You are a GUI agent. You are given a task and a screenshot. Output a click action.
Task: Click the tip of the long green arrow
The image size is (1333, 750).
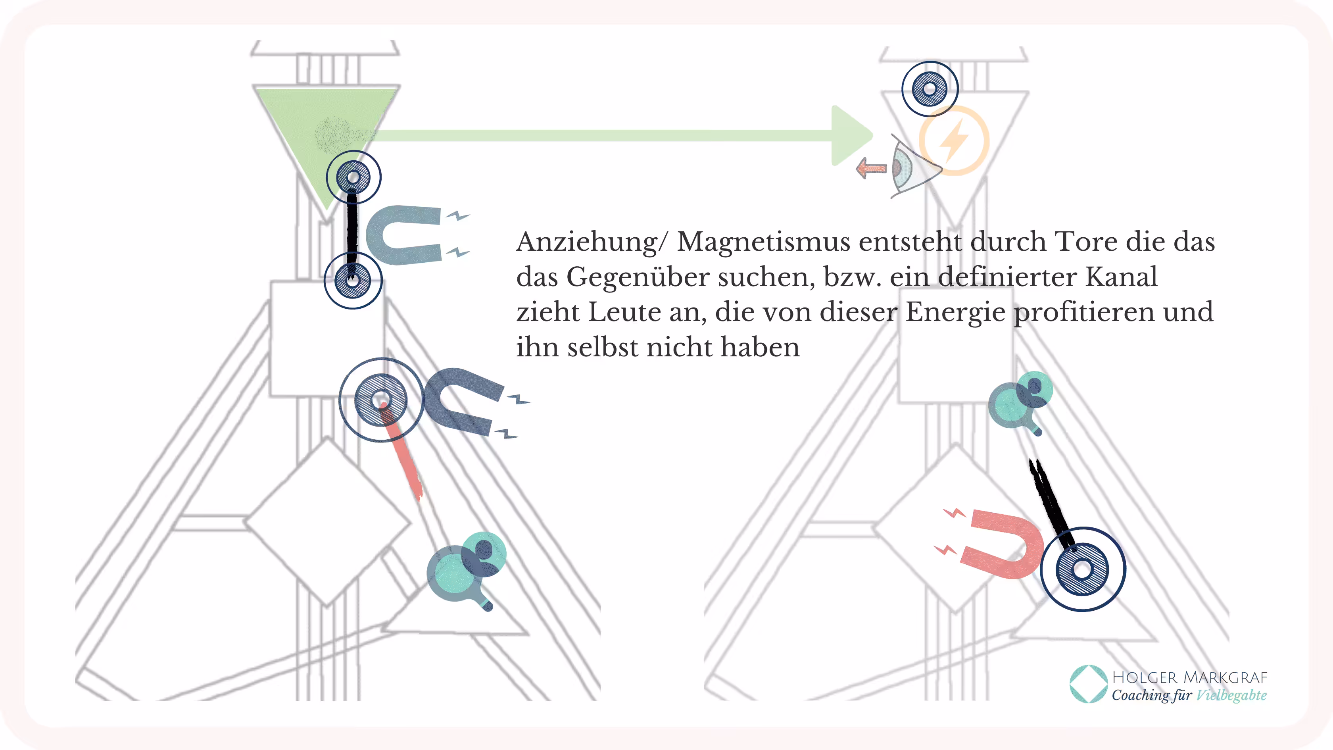tap(874, 136)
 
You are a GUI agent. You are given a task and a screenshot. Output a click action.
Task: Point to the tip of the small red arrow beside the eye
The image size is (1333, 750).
tap(857, 168)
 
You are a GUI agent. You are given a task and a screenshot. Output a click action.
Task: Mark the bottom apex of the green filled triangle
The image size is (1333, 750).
tap(327, 211)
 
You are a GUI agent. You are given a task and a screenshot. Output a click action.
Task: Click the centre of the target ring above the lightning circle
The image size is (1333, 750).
tap(930, 89)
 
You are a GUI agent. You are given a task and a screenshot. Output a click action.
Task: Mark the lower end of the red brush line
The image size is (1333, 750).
tap(420, 498)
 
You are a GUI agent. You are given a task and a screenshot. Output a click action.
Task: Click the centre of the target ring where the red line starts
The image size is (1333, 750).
tap(381, 400)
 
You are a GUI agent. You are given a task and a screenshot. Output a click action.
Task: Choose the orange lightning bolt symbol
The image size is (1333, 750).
tap(954, 140)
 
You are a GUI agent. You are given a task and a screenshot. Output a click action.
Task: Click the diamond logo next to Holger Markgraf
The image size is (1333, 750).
tap(1088, 684)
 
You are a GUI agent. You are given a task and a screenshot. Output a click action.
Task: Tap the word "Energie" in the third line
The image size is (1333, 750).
tap(955, 312)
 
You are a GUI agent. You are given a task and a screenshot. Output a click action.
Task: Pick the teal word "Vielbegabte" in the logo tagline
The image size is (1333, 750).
tap(1231, 695)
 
